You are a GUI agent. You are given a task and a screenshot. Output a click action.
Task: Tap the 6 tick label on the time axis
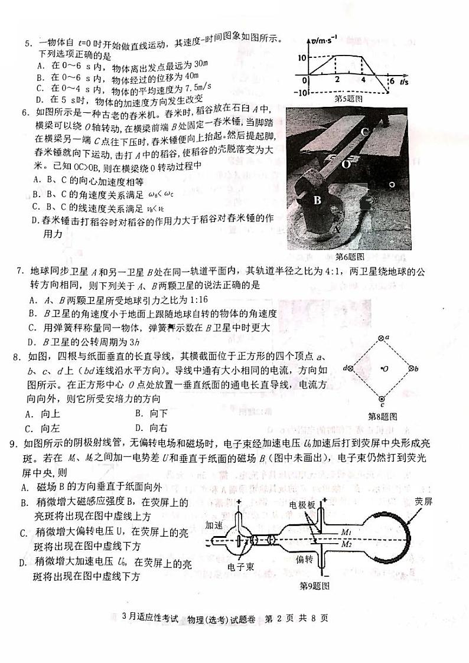point(391,81)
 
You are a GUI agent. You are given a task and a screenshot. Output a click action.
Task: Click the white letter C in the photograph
point(365,132)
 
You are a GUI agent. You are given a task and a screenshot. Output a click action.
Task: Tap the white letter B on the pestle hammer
point(317,200)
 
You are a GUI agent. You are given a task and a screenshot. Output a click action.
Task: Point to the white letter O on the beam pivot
point(346,165)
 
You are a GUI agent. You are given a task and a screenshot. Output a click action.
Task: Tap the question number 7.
point(19,271)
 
